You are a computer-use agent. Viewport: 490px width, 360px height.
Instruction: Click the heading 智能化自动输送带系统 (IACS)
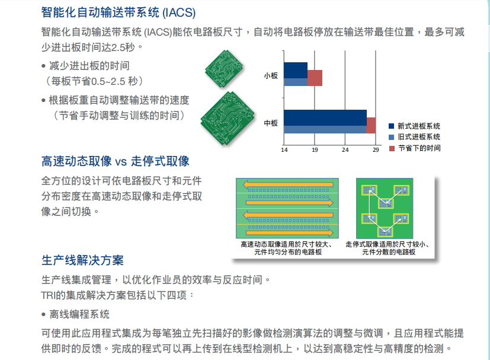pyautogui.click(x=119, y=11)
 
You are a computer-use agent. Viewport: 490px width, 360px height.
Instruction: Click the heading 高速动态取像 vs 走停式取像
pyautogui.click(x=116, y=161)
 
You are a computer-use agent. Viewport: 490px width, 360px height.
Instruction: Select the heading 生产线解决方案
pyautogui.click(x=82, y=260)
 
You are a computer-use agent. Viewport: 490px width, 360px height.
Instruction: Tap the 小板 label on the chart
pyautogui.click(x=271, y=75)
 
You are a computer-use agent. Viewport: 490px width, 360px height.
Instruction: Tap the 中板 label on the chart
pyautogui.click(x=271, y=123)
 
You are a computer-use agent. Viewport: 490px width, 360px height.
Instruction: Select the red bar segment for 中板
pyautogui.click(x=371, y=125)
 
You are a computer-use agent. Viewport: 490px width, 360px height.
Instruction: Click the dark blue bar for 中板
pyautogui.click(x=325, y=117)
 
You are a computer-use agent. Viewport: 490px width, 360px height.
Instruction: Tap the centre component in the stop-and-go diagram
pyautogui.click(x=386, y=203)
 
